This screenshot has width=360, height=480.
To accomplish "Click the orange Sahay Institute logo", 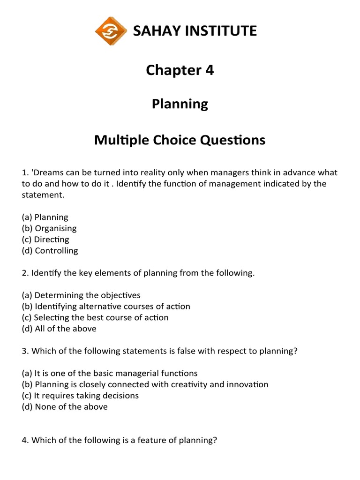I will (x=111, y=31).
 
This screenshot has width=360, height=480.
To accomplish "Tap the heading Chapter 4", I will (x=180, y=70).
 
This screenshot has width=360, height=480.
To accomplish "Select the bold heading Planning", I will (x=180, y=104).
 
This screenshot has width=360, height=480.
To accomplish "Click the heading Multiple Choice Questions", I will (x=180, y=140).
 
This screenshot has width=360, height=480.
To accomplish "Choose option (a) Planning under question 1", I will (x=45, y=217).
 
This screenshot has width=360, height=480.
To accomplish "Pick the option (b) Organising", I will (x=49, y=228).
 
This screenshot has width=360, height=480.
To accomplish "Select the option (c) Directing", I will (x=45, y=240).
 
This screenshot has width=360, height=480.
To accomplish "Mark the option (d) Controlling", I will (x=50, y=251).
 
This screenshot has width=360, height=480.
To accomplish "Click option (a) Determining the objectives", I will (x=81, y=295).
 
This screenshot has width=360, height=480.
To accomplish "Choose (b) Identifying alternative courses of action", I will (x=106, y=307).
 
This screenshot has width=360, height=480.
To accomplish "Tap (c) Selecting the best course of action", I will (x=95, y=317).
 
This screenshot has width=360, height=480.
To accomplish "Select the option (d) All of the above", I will (x=59, y=329).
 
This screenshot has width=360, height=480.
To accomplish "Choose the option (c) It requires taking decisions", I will (x=80, y=396).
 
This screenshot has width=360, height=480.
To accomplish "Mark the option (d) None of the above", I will (x=65, y=407).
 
